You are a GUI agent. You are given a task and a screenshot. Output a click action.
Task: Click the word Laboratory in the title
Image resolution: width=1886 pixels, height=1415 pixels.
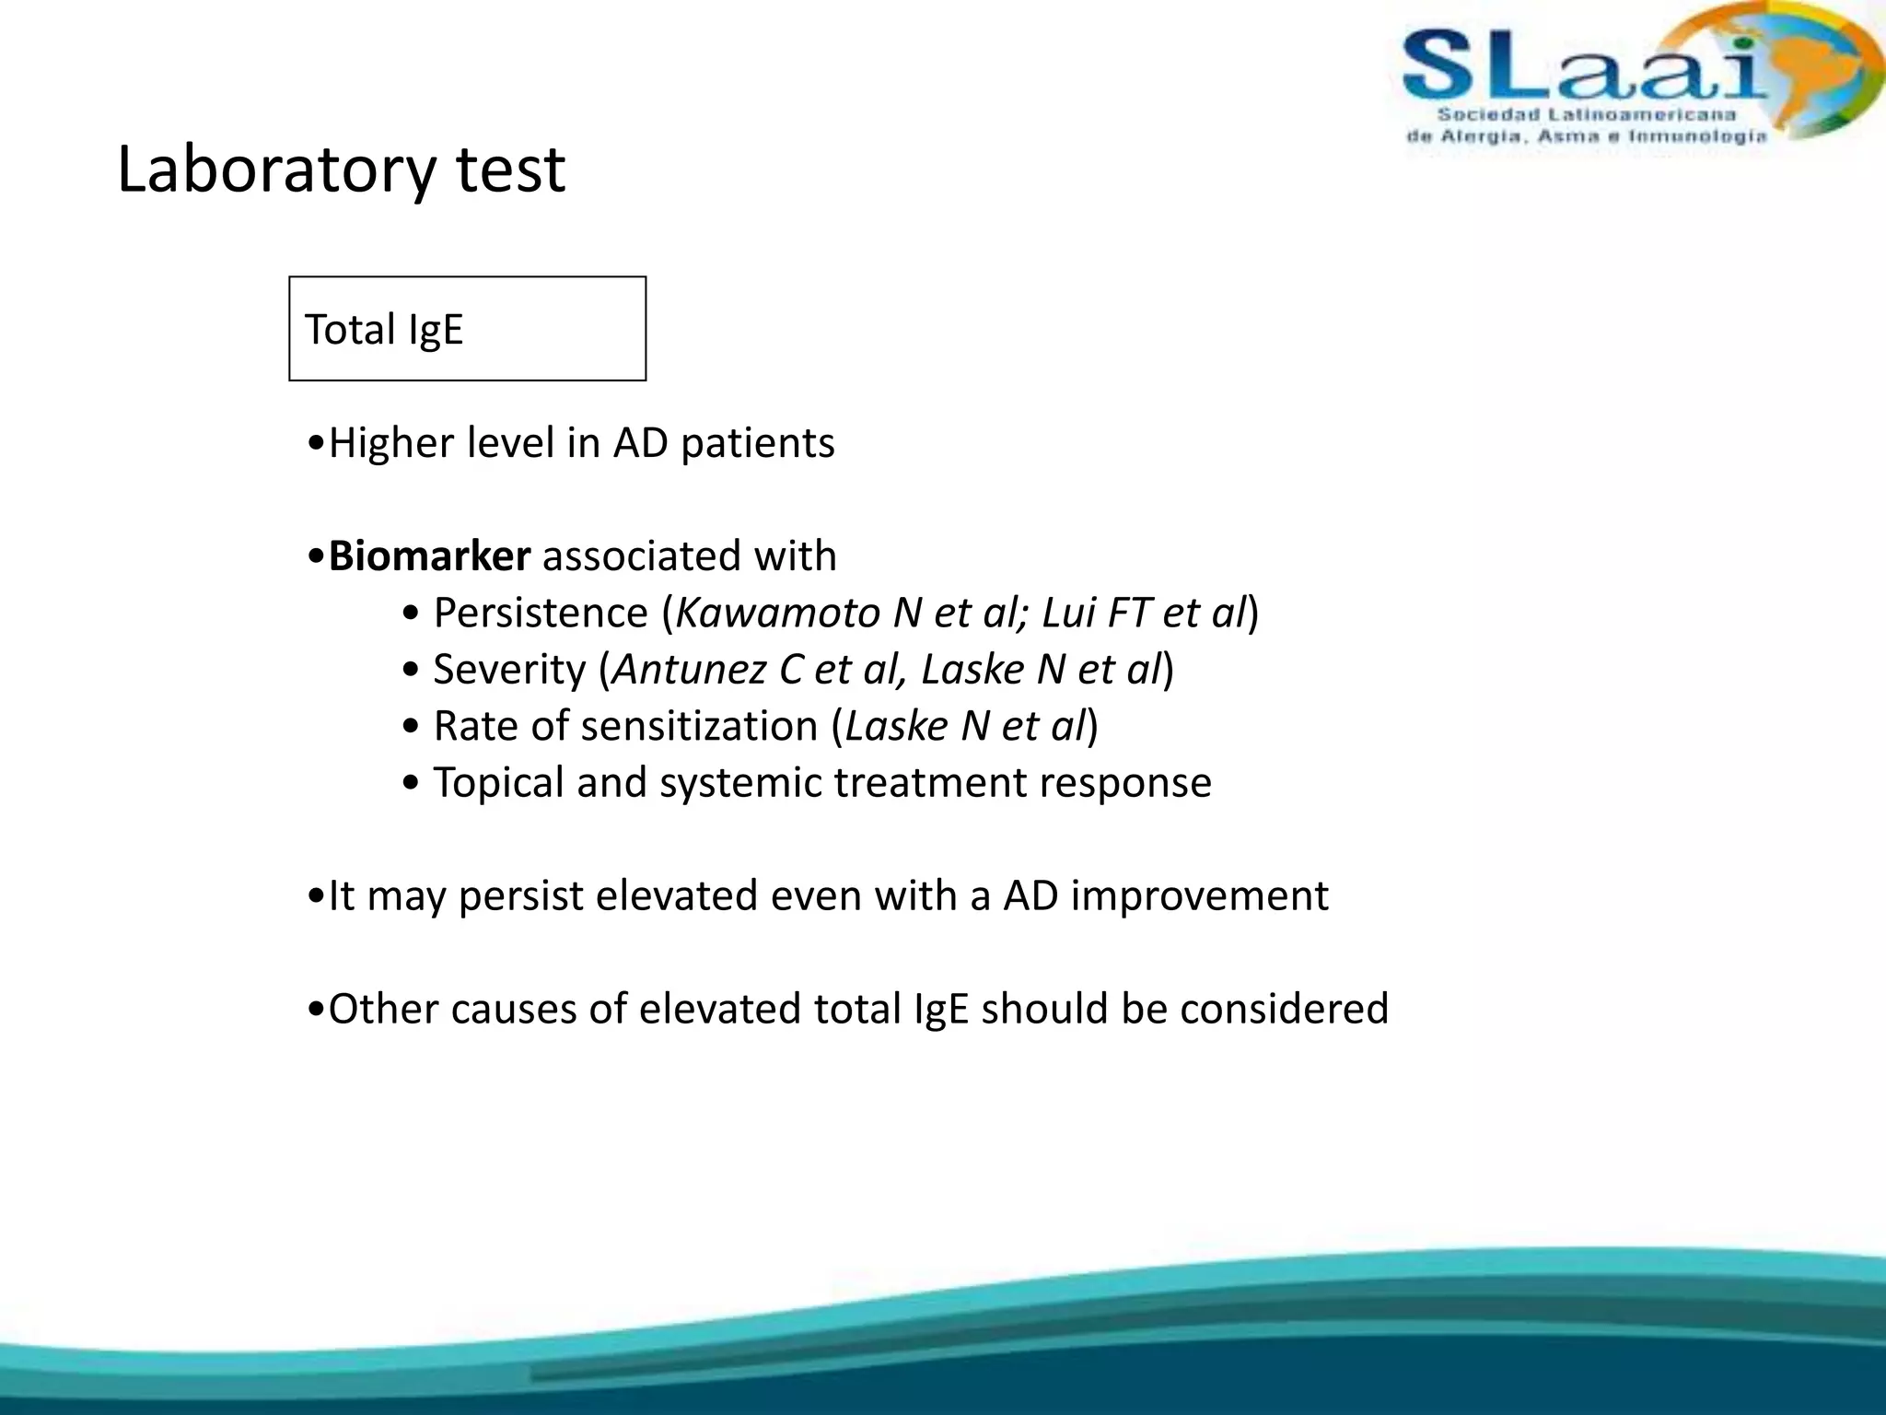276,170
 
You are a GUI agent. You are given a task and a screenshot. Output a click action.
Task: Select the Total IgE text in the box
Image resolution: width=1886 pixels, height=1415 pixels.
383,330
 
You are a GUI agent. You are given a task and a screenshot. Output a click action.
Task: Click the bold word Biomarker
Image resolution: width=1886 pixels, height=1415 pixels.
429,556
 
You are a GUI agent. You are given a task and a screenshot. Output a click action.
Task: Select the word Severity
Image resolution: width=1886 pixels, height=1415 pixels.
509,670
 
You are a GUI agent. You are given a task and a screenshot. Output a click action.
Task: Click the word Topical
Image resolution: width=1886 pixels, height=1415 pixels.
498,783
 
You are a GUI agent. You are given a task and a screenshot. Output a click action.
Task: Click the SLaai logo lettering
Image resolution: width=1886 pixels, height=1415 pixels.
1584,66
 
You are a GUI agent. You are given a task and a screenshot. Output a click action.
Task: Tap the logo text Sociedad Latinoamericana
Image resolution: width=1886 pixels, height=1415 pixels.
1586,115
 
